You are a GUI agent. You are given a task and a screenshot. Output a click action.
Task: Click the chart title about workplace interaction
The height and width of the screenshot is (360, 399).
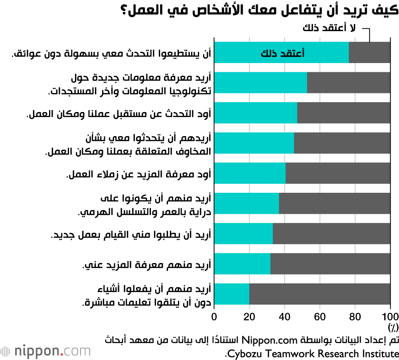(259, 10)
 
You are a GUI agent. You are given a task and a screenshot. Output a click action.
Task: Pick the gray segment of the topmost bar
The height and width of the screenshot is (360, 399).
(369, 52)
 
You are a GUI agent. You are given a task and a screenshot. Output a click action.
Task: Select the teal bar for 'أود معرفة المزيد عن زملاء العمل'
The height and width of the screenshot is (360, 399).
(250, 173)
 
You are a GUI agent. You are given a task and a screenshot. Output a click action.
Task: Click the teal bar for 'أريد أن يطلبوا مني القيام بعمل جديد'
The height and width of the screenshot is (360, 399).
(243, 233)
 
